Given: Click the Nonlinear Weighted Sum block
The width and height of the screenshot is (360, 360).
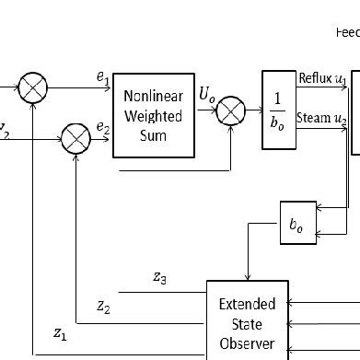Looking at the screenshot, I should click(153, 115).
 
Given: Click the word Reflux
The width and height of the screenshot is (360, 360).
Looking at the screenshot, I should click(316, 79).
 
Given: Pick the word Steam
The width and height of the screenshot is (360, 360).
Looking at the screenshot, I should click(314, 120).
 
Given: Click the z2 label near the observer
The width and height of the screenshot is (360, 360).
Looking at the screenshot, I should click(104, 305).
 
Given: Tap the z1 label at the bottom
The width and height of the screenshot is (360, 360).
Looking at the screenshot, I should click(60, 335).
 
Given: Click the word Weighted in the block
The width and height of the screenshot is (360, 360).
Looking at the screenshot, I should click(153, 115).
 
